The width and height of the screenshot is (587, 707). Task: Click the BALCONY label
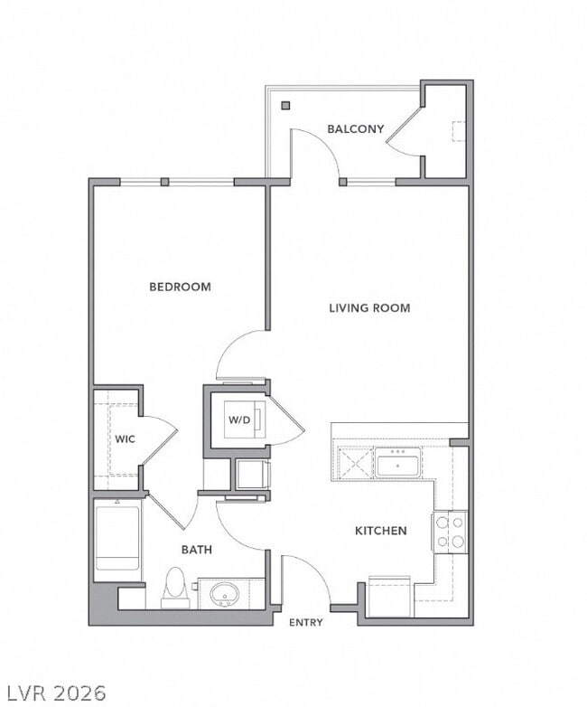click(355, 129)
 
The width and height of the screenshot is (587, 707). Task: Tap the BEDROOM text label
click(180, 287)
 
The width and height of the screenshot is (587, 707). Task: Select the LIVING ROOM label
click(368, 308)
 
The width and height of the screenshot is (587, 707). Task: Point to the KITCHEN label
click(380, 531)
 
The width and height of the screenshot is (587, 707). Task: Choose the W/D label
click(238, 419)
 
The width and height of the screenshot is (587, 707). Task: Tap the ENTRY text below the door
click(305, 623)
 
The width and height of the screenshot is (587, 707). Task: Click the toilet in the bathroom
click(175, 588)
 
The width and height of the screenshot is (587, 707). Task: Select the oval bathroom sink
click(224, 595)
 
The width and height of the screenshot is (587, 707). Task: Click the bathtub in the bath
click(117, 539)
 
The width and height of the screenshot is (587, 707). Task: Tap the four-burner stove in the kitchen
click(451, 532)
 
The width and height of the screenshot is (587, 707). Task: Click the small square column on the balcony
click(285, 106)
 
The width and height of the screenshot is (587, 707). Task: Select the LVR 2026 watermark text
click(53, 693)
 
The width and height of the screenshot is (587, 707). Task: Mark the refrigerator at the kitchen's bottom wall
click(389, 597)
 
